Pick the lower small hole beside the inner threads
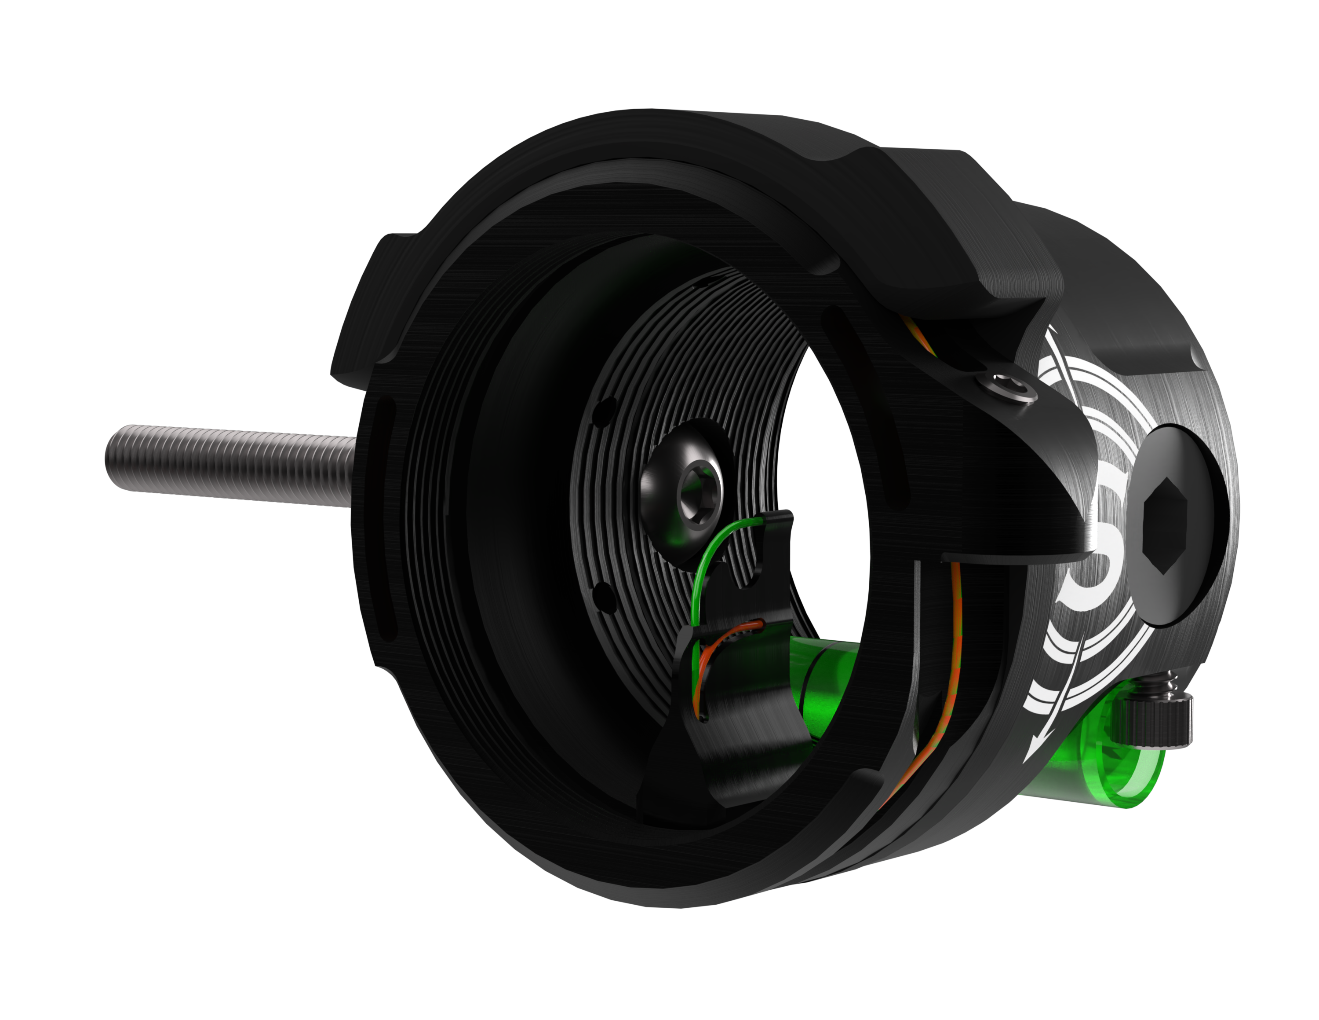coord(601,596)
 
